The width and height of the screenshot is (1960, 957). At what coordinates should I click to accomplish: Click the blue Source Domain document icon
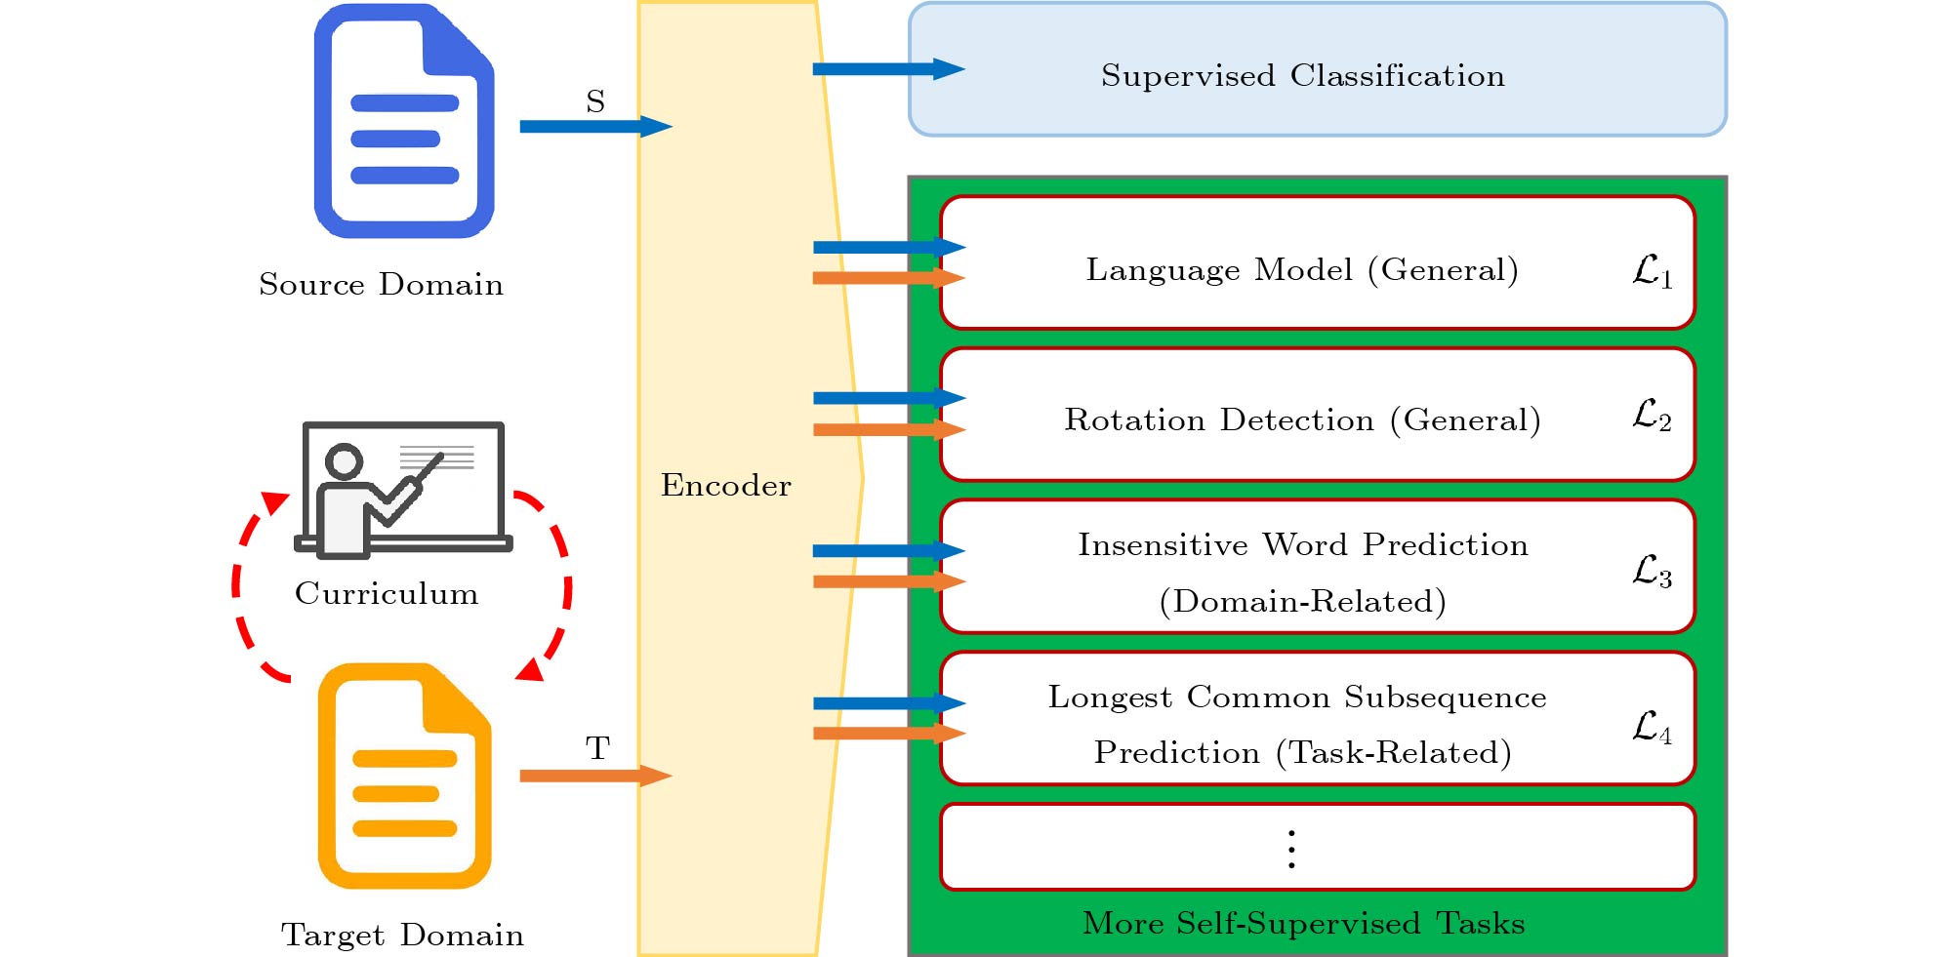[x=404, y=121]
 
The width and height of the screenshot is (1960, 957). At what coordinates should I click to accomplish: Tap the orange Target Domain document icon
[x=404, y=776]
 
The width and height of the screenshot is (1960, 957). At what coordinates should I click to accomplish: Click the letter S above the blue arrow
[x=595, y=101]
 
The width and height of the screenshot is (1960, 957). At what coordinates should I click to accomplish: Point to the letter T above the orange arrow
[x=597, y=748]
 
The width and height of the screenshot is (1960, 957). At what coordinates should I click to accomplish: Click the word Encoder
[x=726, y=485]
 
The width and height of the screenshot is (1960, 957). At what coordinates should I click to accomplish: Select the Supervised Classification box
[x=1318, y=69]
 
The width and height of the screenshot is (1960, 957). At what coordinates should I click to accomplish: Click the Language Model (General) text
[x=1302, y=269]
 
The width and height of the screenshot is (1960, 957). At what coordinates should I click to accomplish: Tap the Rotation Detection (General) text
[x=1302, y=419]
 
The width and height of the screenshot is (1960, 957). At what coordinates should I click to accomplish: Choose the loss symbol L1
[x=1653, y=270]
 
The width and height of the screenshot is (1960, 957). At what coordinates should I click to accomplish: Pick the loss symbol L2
[x=1653, y=415]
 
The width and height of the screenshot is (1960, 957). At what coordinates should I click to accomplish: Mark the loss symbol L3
[x=1653, y=571]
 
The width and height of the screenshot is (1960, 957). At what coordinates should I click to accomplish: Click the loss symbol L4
[x=1653, y=727]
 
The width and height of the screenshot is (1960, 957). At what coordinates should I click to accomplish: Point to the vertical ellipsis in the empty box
[x=1291, y=849]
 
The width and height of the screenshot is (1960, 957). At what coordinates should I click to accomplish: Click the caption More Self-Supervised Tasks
[x=1303, y=923]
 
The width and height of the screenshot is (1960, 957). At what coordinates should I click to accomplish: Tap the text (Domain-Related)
[x=1302, y=601]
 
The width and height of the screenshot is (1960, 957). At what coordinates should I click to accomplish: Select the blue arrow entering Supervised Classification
[x=888, y=69]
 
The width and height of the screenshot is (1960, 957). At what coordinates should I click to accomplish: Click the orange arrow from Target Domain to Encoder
[x=595, y=776]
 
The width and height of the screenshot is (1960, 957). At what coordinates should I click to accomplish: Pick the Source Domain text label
[x=381, y=284]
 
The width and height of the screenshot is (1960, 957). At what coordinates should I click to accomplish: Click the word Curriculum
[x=387, y=593]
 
